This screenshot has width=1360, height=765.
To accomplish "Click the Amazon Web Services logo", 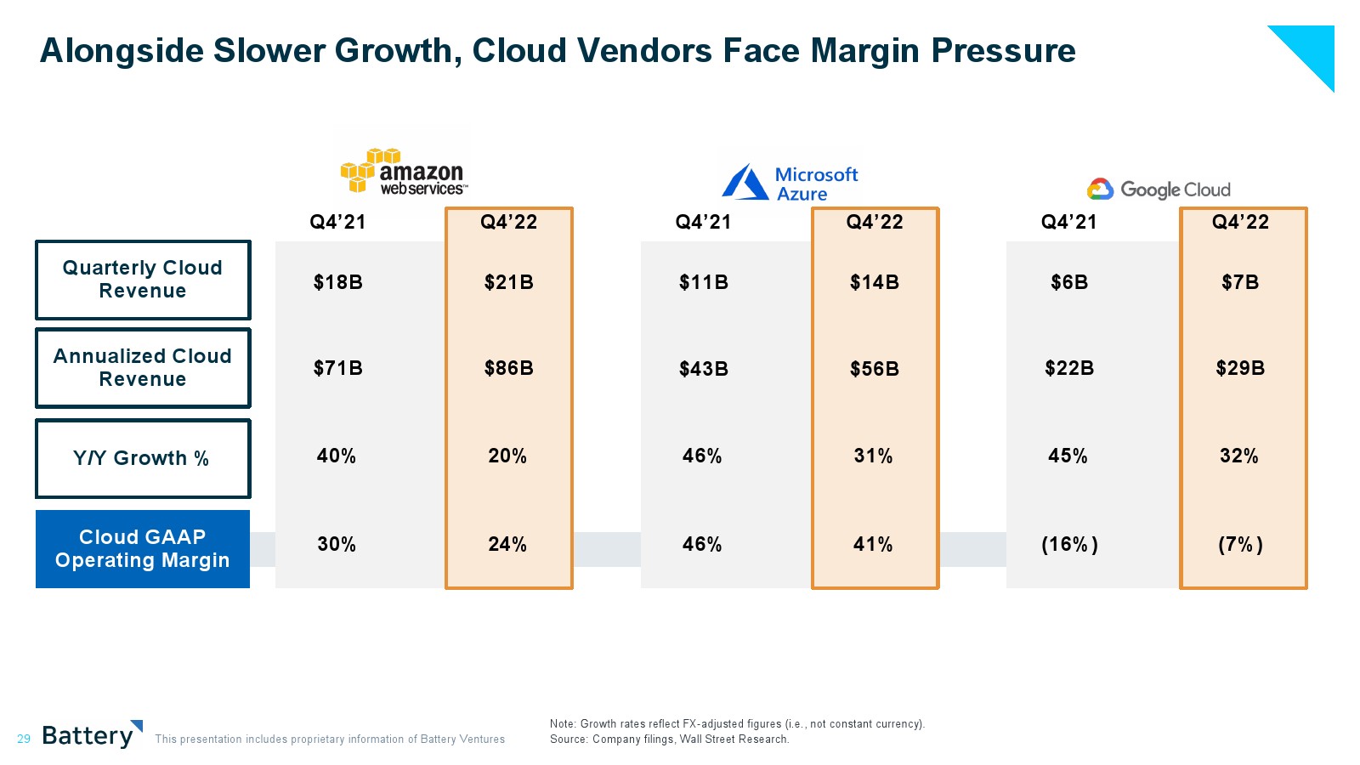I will (404, 172).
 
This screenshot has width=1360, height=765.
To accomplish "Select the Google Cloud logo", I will (1159, 190).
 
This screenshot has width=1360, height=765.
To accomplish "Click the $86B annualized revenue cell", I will (508, 368).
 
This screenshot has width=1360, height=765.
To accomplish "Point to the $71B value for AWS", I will (337, 368).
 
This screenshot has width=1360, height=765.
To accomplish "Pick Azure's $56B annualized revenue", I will (874, 369).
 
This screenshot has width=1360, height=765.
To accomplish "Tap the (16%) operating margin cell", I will (1069, 544).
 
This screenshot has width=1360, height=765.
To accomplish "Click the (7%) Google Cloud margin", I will (1240, 544).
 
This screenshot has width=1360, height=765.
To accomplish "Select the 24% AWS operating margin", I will (507, 544).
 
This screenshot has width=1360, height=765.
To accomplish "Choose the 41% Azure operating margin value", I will (873, 544).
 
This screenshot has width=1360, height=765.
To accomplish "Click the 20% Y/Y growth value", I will (507, 456).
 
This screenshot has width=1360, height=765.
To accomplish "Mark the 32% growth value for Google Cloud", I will (1239, 456).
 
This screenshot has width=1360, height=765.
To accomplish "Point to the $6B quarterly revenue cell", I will (1069, 282).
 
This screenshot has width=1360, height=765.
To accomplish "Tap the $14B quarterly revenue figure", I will (874, 282).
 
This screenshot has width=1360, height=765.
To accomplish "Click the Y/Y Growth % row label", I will (142, 458).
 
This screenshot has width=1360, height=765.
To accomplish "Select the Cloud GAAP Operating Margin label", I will (142, 549).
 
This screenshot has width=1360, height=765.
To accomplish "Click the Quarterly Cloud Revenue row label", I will (142, 280).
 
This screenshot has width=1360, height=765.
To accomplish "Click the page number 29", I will (24, 739).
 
